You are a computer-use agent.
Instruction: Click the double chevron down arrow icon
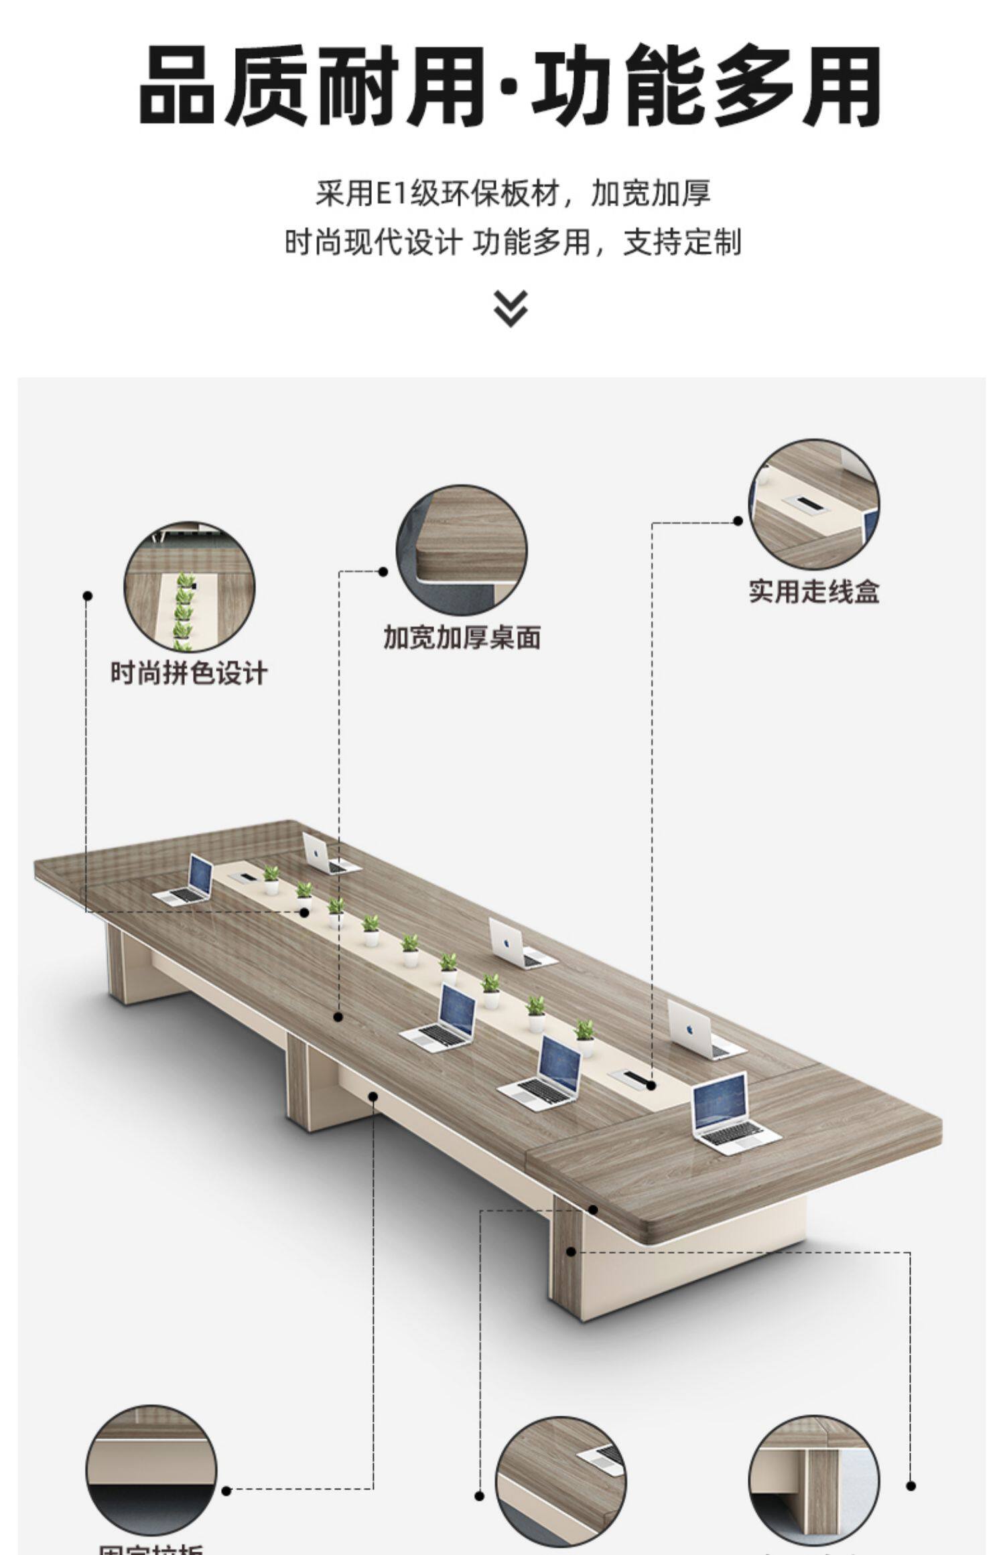click(511, 308)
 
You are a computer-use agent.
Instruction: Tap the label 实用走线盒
click(813, 591)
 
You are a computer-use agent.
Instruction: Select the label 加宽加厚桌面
click(462, 637)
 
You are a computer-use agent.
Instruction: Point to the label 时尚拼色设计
click(189, 672)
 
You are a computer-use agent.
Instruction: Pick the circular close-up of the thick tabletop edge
click(462, 550)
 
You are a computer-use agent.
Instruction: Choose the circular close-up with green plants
click(189, 587)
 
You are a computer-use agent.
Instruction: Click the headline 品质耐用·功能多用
click(509, 86)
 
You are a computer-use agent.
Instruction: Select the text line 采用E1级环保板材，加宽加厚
click(513, 194)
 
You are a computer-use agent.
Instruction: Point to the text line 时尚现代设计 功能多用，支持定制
click(513, 242)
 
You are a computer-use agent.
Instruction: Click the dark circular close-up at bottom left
click(151, 1470)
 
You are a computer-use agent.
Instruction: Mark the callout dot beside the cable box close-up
click(738, 520)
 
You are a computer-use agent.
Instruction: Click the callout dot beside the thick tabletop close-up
click(383, 571)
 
